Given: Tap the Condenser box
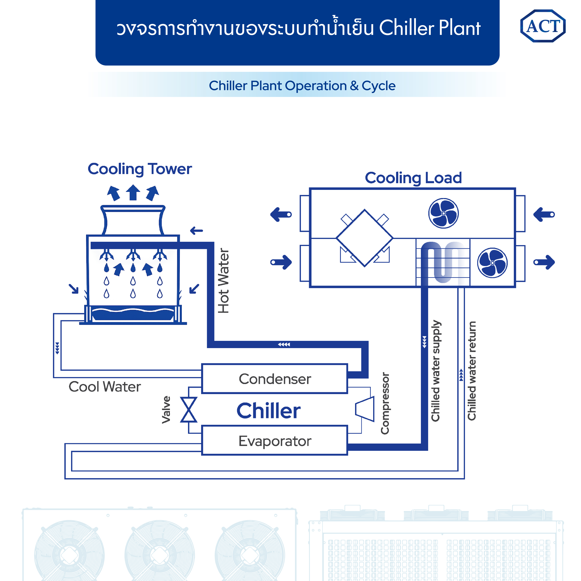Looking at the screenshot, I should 275,379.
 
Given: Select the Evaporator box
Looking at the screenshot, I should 275,441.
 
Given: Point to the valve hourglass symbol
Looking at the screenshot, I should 189,410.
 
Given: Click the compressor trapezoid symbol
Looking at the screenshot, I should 365,409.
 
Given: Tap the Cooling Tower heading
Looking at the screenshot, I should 140,169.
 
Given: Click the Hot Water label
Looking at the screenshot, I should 223,281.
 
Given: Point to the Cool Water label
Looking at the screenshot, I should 105,387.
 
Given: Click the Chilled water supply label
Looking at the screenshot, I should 436,370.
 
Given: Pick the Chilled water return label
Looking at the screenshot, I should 472,370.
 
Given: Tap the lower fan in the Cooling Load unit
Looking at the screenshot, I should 492,263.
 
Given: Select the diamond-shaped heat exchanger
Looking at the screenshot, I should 364,238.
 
